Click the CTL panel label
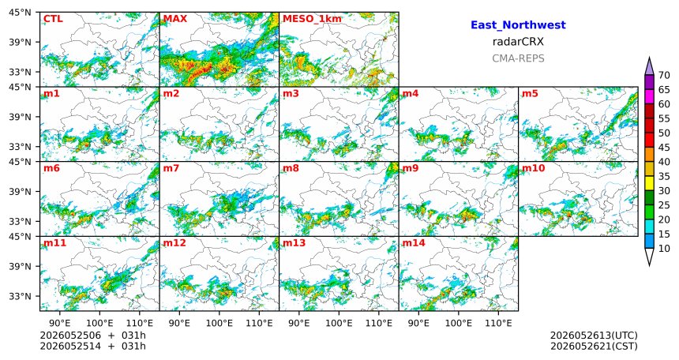click(53, 19)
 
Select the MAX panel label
click(175, 19)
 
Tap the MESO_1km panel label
click(312, 19)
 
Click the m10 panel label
click(533, 168)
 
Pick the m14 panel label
click(414, 243)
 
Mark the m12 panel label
click(174, 243)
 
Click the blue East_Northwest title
click(518, 25)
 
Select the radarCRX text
click(518, 42)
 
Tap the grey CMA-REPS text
click(518, 58)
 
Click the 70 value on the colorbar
click(664, 75)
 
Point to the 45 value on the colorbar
click(664, 148)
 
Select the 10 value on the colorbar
click(664, 248)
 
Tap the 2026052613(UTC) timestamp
click(594, 336)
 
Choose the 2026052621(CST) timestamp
click(594, 346)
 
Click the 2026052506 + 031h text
click(92, 336)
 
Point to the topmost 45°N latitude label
click(20, 13)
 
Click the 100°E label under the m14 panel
click(459, 323)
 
